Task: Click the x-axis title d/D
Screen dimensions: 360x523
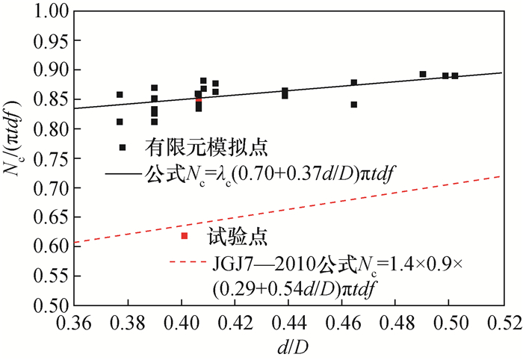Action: [287, 347]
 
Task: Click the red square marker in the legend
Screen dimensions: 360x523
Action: [185, 236]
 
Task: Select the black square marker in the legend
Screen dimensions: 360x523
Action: [123, 147]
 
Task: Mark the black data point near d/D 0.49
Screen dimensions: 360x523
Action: [423, 74]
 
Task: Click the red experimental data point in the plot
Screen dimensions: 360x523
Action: [199, 100]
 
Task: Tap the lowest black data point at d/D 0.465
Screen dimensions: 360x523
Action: [354, 105]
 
